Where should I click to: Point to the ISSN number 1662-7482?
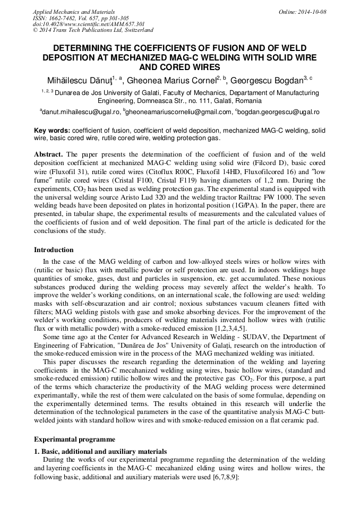click(65, 18)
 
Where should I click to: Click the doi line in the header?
click(89, 24)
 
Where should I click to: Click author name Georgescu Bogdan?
click(268, 80)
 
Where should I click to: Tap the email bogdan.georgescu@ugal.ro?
click(279, 113)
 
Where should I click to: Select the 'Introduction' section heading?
click(54, 250)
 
